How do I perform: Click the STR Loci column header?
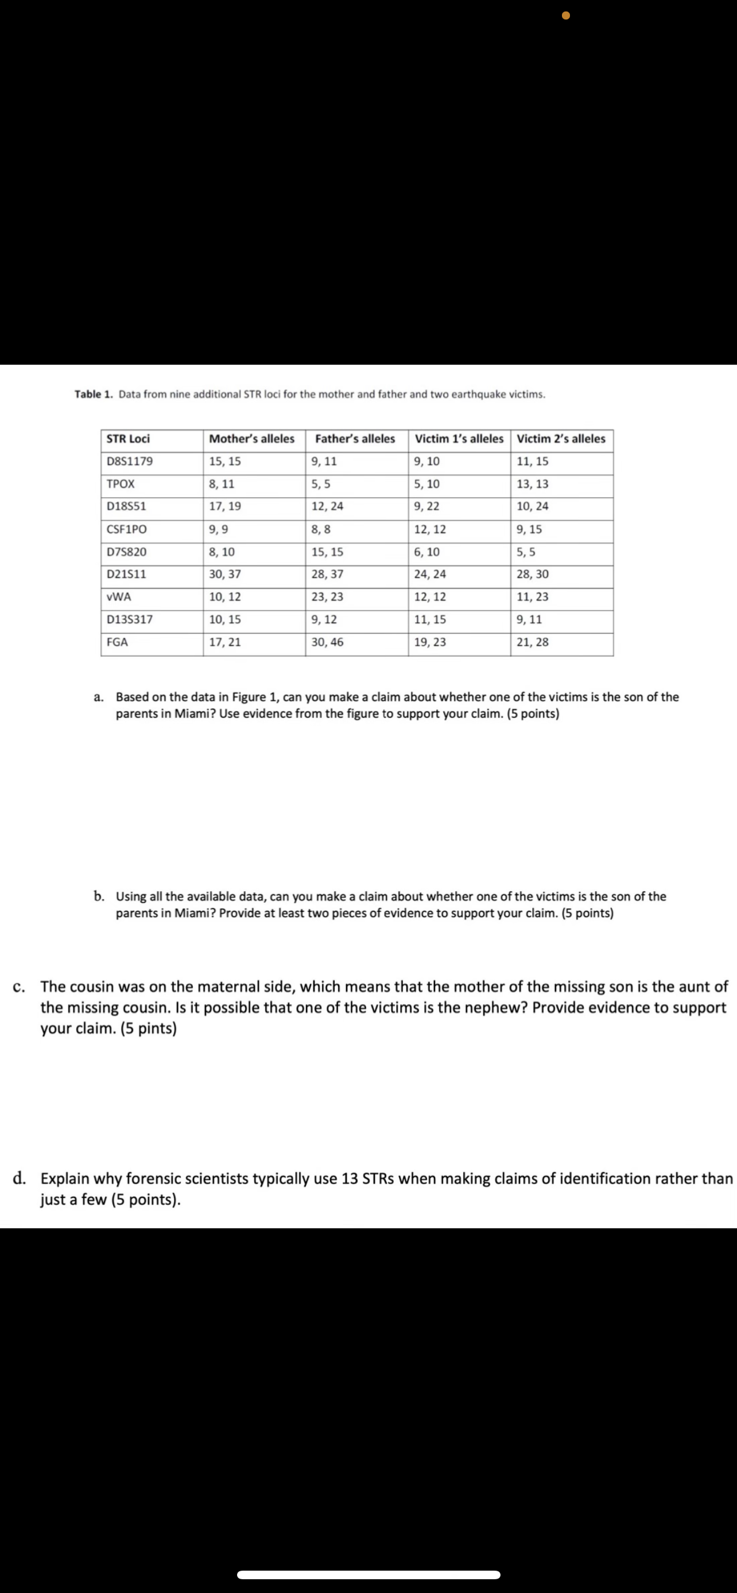tap(128, 439)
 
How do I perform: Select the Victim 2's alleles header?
tap(561, 439)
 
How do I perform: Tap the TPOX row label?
tap(121, 484)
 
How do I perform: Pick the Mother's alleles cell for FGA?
tap(225, 642)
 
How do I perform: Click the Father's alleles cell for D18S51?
tap(327, 506)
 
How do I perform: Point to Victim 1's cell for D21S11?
tap(430, 575)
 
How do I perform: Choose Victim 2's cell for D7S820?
tap(526, 552)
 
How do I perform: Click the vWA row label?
tap(119, 598)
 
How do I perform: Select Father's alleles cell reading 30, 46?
tap(327, 642)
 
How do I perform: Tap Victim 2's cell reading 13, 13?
tap(533, 484)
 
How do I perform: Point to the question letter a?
tap(98, 697)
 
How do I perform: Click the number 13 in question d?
tap(350, 1178)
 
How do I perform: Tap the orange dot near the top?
tap(565, 15)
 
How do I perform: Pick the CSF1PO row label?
tap(127, 529)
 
